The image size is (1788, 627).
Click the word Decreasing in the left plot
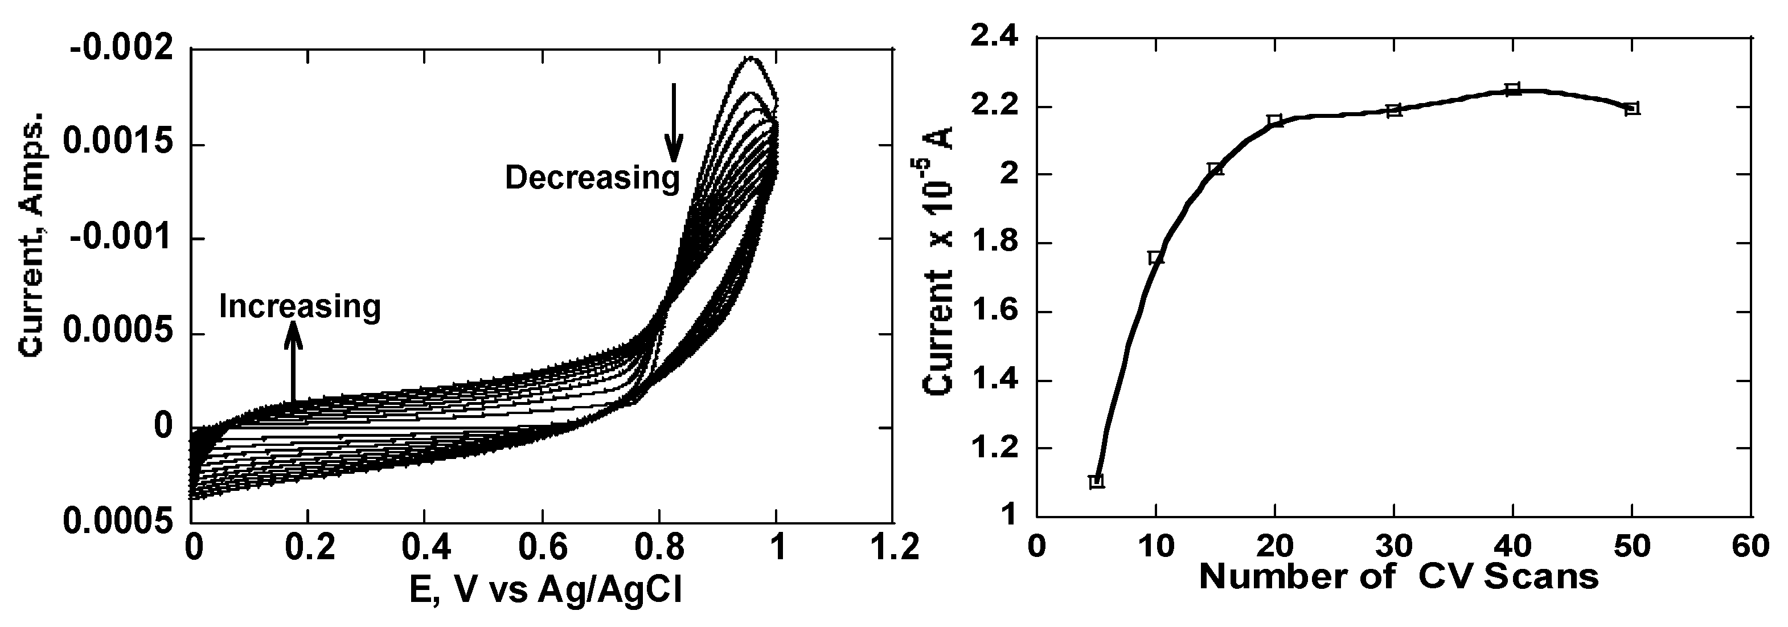click(x=592, y=178)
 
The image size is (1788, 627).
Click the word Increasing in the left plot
click(x=300, y=306)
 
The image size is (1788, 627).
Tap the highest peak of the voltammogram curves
click(x=749, y=58)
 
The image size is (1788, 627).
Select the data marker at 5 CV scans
click(x=1097, y=481)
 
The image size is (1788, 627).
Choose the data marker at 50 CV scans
click(x=1632, y=108)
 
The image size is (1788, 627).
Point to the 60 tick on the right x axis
click(x=1750, y=547)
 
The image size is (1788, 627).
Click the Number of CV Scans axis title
click(x=1399, y=577)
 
